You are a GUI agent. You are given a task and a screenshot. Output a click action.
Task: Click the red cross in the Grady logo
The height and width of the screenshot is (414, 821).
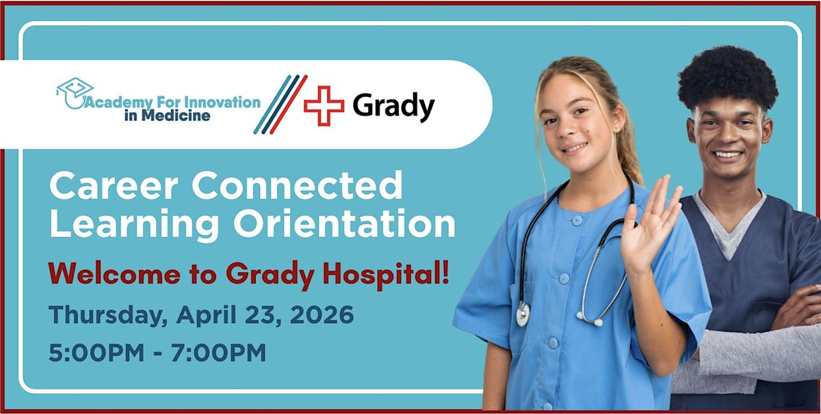click(x=324, y=106)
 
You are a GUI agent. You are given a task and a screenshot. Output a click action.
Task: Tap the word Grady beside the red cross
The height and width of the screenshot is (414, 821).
click(x=393, y=107)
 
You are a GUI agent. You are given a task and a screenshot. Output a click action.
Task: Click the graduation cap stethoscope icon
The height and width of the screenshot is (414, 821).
click(x=75, y=93)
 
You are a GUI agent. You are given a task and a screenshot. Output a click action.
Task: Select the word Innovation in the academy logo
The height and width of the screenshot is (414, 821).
click(x=222, y=102)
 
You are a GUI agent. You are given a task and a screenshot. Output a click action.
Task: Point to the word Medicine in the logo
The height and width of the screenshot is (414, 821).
click(x=176, y=115)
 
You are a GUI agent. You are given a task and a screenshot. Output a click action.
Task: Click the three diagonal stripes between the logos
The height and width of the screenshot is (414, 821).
click(x=281, y=105)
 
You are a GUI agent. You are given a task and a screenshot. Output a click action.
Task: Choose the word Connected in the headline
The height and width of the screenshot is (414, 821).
click(x=297, y=185)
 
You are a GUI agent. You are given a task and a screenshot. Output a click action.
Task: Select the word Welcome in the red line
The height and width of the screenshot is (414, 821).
click(x=114, y=273)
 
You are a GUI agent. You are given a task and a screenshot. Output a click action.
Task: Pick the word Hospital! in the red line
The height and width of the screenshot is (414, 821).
click(x=386, y=275)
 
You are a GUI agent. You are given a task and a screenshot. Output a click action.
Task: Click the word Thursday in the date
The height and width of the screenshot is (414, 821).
click(x=108, y=315)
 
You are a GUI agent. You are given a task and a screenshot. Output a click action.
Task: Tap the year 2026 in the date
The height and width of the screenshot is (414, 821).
click(x=322, y=314)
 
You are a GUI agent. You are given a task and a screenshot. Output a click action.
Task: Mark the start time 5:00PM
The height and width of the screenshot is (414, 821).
click(x=96, y=353)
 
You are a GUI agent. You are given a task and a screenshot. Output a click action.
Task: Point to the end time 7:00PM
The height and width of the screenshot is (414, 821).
click(x=218, y=353)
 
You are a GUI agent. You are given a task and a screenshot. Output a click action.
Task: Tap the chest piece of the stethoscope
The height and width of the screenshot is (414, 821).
click(x=523, y=314)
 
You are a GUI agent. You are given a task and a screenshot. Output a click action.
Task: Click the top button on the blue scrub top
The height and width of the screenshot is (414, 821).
click(x=577, y=221)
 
